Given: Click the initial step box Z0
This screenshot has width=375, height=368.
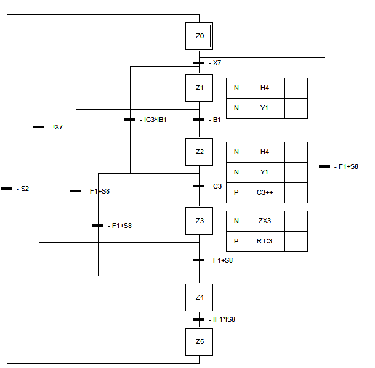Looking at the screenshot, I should [200, 36].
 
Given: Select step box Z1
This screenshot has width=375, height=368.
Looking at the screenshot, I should [200, 88].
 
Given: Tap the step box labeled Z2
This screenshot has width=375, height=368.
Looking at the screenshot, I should [200, 152].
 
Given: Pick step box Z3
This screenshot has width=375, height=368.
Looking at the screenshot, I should [200, 221].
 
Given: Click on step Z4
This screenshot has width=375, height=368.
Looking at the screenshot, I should [200, 297].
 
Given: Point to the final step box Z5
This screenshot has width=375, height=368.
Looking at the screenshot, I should [200, 342].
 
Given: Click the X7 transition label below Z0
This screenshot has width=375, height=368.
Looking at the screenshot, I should [217, 63].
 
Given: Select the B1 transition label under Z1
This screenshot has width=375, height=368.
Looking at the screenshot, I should [217, 120].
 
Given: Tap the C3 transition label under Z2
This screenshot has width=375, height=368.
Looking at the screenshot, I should [217, 186].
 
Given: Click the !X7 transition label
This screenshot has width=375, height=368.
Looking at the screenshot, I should [58, 127].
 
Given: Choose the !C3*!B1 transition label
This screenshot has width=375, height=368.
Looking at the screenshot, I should [155, 120].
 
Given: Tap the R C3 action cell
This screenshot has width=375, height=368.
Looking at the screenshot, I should [264, 242].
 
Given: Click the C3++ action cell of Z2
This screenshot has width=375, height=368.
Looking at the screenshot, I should [264, 192].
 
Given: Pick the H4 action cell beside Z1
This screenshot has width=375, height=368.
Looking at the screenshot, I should [264, 88].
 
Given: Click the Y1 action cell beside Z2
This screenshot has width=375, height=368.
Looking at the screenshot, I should [264, 172].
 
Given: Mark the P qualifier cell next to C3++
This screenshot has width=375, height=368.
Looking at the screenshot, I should [236, 192].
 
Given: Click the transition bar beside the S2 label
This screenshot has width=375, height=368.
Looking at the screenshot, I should [7, 189].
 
